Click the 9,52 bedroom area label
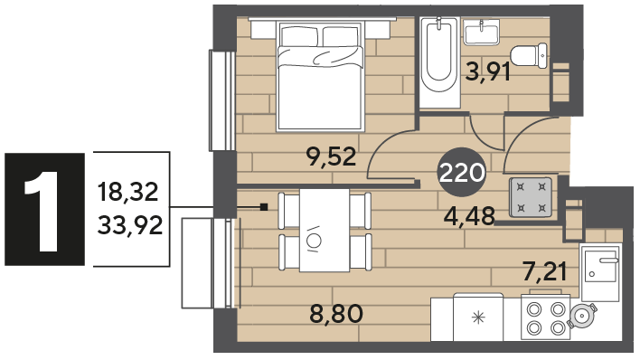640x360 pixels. (x=332, y=157)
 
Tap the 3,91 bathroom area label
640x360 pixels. (x=488, y=72)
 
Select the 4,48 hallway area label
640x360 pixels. (x=469, y=216)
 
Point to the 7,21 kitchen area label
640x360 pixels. (x=545, y=271)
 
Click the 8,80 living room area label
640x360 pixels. (x=336, y=314)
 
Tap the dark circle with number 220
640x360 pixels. (x=462, y=173)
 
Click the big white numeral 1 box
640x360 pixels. (x=44, y=209)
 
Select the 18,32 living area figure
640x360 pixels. (x=127, y=192)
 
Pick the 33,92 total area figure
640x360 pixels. (x=130, y=225)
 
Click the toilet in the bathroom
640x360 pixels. (x=529, y=55)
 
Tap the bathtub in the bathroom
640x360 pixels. (x=439, y=62)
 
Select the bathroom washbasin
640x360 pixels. (x=482, y=33)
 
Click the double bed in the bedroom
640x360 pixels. (x=319, y=76)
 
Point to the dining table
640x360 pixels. (x=325, y=231)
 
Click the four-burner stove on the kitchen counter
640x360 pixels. (x=546, y=317)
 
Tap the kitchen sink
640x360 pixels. (x=601, y=271)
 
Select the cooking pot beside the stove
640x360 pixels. (x=582, y=315)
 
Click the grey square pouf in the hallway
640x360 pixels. (x=531, y=197)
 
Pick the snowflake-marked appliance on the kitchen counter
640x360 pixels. (x=478, y=317)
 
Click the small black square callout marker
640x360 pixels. (x=264, y=207)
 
